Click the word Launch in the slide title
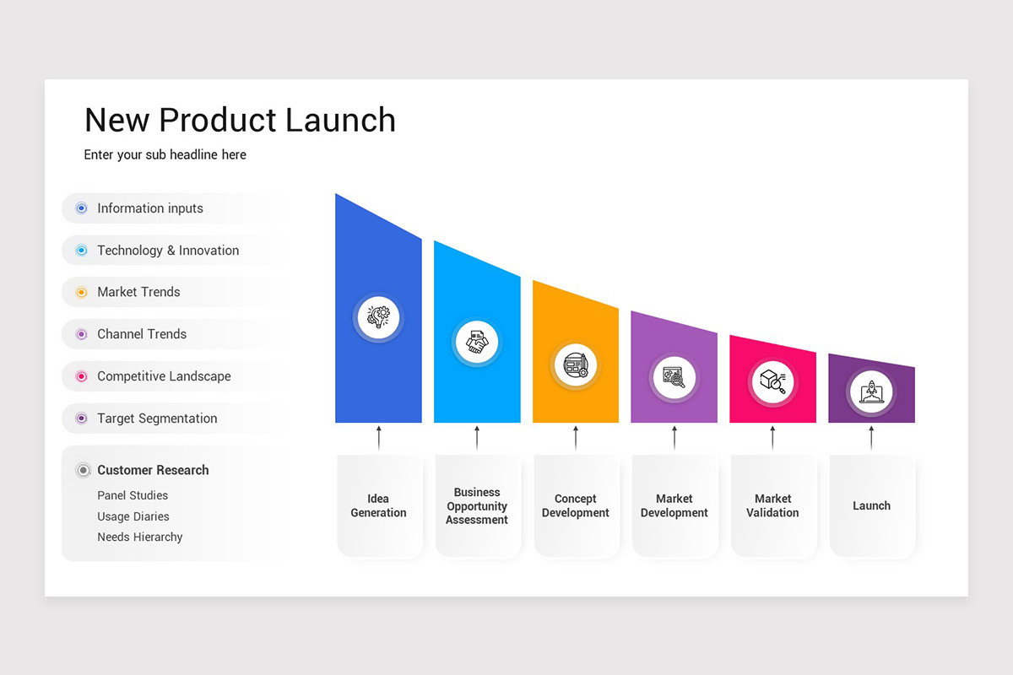(339, 121)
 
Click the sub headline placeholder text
(165, 155)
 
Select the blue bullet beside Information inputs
(81, 208)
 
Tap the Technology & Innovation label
(168, 251)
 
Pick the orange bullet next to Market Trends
(81, 293)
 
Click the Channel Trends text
(142, 334)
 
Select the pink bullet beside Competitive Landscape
(81, 376)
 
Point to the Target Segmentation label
(157, 418)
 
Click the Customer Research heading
(153, 470)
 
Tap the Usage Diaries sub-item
(133, 516)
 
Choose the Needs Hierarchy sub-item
(140, 537)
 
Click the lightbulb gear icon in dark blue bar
(378, 317)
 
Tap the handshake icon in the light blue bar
(477, 343)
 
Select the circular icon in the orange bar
(576, 366)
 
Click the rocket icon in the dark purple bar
(871, 392)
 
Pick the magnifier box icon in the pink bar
(772, 381)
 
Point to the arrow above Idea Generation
(378, 437)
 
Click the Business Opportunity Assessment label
(477, 506)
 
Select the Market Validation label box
(772, 506)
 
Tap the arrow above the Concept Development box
(576, 437)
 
